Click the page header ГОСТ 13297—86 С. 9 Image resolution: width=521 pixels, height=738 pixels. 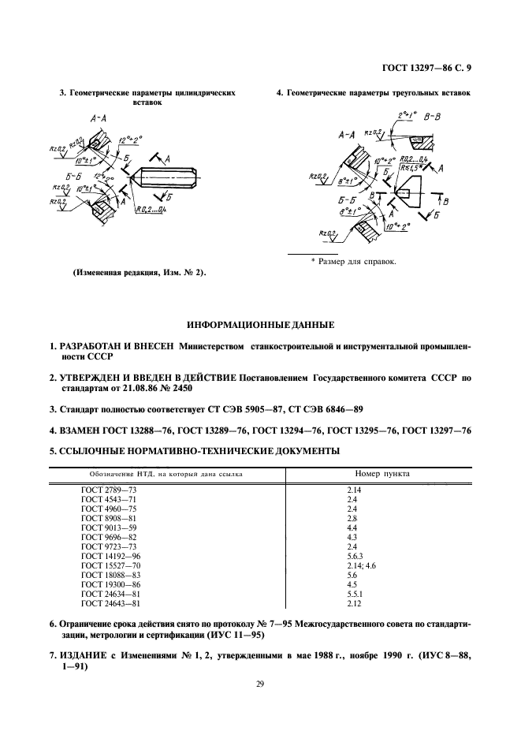(x=423, y=69)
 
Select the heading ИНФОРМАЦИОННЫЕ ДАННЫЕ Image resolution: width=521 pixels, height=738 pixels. (x=259, y=324)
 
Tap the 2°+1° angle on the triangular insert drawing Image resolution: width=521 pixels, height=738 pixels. (x=408, y=115)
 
